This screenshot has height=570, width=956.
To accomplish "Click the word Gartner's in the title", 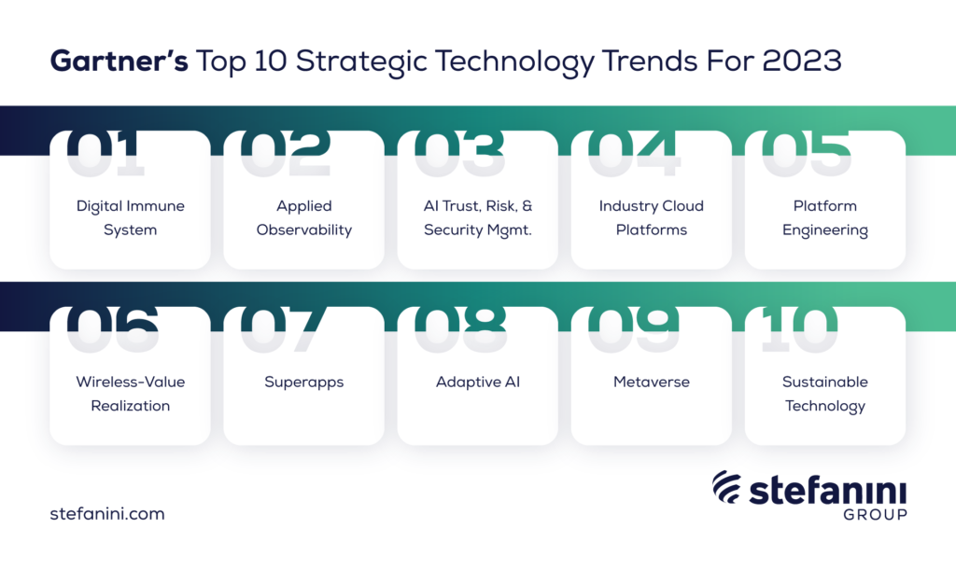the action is pos(119,61).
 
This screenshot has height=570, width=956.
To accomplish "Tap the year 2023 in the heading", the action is pos(802,61).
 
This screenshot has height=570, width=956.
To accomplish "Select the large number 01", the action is pos(105,153).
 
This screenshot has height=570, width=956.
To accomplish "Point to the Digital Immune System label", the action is pos(131,218).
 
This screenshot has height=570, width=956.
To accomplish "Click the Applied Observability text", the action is pos(304,218).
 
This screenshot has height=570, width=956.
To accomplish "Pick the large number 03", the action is pos(459,153).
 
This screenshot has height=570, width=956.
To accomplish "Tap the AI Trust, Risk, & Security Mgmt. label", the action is pos(478,218).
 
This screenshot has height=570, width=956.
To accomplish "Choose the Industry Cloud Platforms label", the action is pos(651,218).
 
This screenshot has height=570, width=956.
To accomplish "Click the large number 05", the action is pos(806,153).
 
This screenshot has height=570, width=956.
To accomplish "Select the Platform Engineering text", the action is pos(825,218).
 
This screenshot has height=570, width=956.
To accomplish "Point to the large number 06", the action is pos(113,329).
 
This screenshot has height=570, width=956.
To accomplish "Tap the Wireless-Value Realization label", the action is pos(131,394).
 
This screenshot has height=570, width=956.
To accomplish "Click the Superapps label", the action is pos(304,382).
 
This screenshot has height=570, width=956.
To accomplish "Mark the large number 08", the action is pos(460,329).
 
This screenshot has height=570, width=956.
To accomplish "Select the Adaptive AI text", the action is pos(478,382).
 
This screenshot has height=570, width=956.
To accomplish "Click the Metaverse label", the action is pos(651,382).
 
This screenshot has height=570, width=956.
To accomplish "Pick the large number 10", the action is pos(799,329).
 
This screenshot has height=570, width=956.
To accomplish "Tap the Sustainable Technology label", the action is pos(825,394).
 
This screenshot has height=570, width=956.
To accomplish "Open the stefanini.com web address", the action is pos(107,513).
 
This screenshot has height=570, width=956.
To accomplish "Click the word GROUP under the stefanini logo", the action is pos(876,515).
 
